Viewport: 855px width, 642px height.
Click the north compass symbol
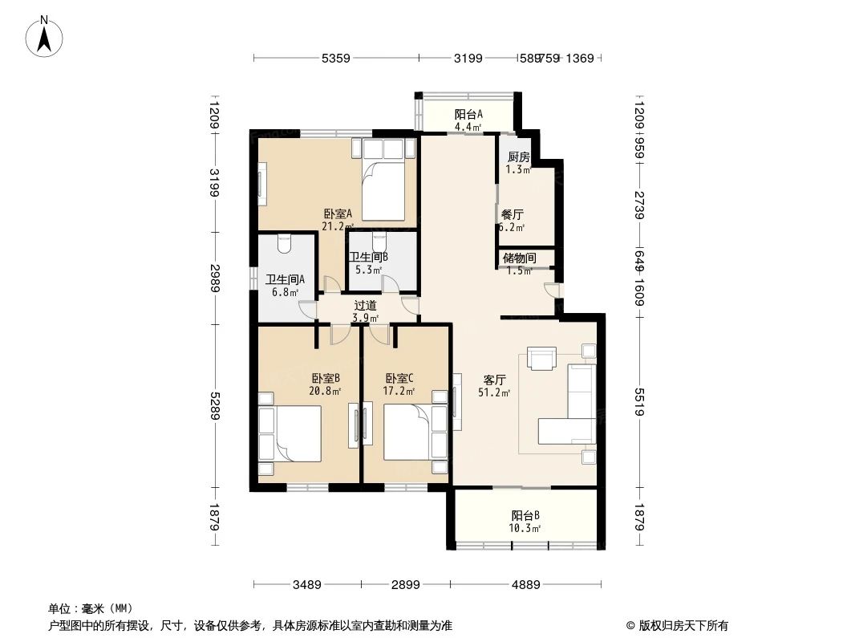(46, 36)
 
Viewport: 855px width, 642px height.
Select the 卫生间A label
(285, 280)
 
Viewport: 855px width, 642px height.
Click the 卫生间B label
(368, 258)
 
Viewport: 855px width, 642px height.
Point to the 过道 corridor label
(365, 306)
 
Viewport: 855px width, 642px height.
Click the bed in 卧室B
(290, 433)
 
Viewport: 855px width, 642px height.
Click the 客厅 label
(495, 380)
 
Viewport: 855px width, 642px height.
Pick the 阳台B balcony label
(525, 516)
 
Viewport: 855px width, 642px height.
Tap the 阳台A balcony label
(468, 115)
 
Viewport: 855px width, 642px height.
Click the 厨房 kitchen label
(518, 157)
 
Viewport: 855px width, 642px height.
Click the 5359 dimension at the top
(335, 58)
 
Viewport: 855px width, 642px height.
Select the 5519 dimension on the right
(640, 402)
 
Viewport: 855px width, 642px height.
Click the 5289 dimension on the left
(214, 404)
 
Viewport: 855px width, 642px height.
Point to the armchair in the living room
(541, 358)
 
